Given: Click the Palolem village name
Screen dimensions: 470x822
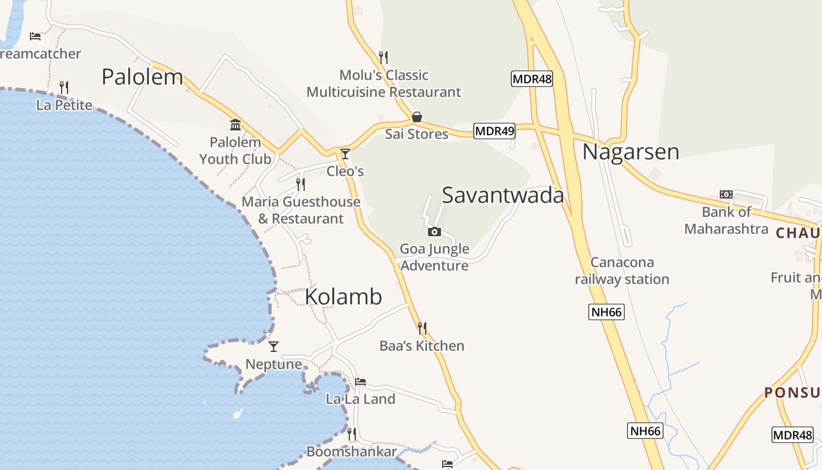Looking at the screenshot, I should (142, 77).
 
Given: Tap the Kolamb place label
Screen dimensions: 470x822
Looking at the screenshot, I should (343, 297).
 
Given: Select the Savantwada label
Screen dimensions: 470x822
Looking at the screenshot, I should (503, 195).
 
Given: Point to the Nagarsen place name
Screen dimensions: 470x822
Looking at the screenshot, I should (631, 152).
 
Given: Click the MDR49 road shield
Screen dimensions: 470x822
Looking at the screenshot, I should (494, 131).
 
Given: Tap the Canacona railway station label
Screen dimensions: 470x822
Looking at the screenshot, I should (622, 271).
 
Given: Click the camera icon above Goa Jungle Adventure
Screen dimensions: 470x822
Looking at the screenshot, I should (434, 231).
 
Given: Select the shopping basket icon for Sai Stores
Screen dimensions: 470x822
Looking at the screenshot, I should (417, 117).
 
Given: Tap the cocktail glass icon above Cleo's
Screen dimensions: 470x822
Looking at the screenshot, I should (345, 154).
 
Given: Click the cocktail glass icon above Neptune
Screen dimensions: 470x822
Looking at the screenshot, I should (273, 347).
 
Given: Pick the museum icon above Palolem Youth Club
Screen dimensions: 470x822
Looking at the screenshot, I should (235, 125).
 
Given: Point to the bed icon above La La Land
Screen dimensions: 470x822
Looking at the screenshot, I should (361, 382).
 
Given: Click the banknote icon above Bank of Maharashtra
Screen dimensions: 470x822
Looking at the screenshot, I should (726, 194).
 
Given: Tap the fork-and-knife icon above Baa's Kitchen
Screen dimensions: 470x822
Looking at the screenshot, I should (422, 328).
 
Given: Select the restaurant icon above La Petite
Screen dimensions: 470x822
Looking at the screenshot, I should (64, 88).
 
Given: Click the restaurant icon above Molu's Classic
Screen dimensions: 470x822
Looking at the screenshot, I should (383, 57).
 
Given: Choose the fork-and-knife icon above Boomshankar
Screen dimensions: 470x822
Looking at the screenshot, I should (351, 434).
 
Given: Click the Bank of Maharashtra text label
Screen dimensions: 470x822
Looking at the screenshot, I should (726, 220).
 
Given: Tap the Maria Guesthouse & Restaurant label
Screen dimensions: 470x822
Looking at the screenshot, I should (301, 210).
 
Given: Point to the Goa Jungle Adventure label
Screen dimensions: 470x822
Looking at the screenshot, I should (434, 257).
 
